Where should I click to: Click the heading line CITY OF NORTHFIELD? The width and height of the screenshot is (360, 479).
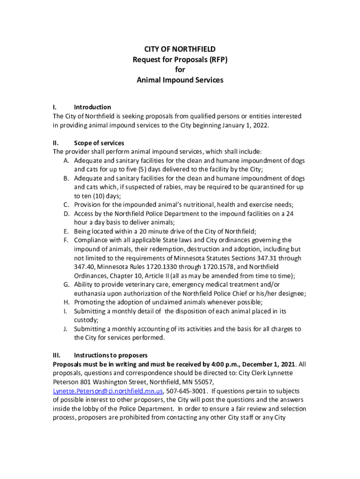180,49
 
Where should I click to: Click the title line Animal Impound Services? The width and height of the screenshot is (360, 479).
180,80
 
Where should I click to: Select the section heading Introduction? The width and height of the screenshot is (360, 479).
93,107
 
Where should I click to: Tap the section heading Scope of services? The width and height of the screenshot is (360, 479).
99,143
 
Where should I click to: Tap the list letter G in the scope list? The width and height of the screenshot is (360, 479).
66,285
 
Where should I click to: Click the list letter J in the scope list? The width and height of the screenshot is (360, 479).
66,329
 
